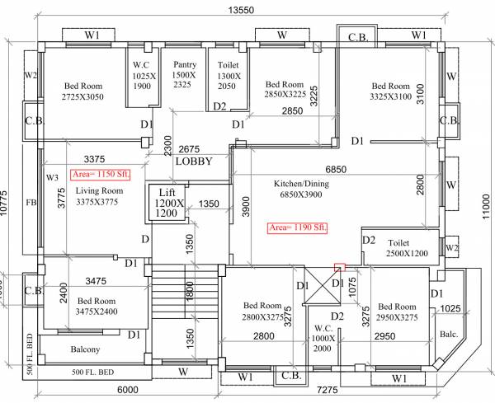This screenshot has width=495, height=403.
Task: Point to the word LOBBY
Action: tap(194, 162)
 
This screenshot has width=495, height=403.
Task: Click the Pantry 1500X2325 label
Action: tap(184, 74)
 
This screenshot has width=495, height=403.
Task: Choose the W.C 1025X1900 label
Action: tap(143, 74)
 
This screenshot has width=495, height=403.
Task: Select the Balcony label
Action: tap(85, 349)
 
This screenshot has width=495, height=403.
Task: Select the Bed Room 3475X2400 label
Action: tap(97, 307)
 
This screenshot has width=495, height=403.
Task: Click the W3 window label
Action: tap(52, 177)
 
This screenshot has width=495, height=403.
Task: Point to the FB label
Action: tap(31, 202)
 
